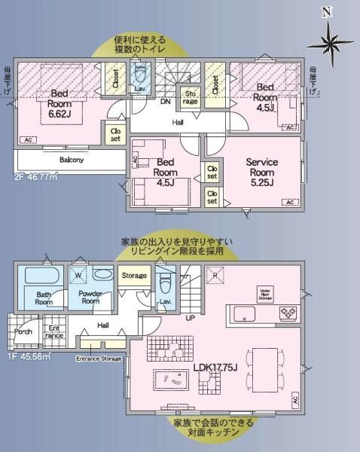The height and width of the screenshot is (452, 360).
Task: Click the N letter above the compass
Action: point(326,11)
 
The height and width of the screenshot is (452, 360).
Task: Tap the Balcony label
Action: point(72,160)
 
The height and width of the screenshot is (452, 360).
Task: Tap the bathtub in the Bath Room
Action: point(43,276)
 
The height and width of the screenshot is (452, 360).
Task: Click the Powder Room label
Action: point(90,298)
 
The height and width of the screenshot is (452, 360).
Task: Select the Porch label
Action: point(23,331)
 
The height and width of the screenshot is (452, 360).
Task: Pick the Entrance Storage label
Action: point(99,359)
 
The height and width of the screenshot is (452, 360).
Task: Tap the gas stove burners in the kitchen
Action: point(288,312)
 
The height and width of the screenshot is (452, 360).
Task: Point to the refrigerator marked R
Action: point(215,275)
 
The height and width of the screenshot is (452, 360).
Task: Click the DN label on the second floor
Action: point(165,100)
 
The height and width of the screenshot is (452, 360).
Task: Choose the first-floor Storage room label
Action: point(134,276)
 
